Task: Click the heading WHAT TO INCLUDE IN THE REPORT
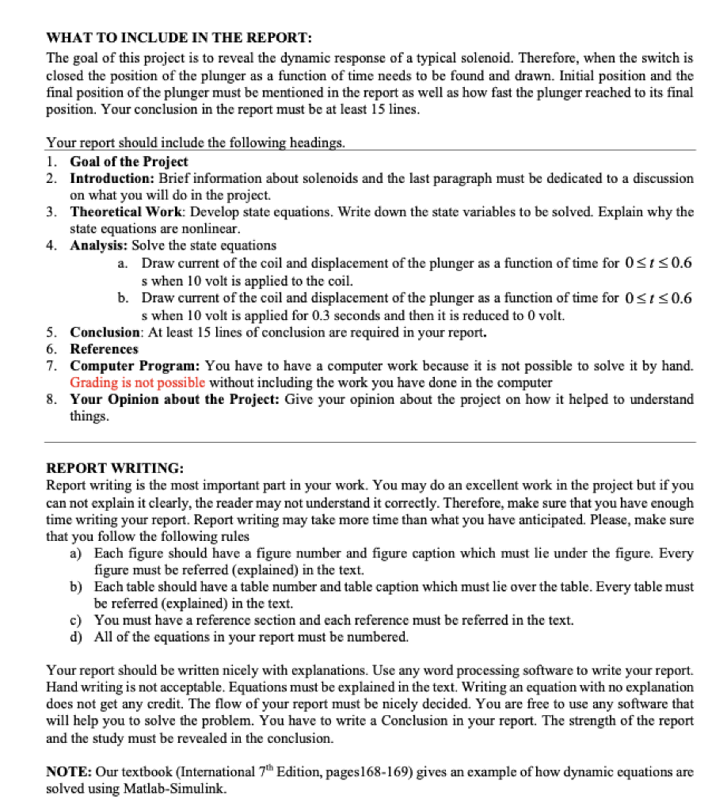click(179, 38)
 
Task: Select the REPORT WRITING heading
click(115, 467)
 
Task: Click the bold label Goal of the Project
click(129, 162)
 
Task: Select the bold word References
click(104, 348)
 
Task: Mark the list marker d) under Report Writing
click(77, 636)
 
